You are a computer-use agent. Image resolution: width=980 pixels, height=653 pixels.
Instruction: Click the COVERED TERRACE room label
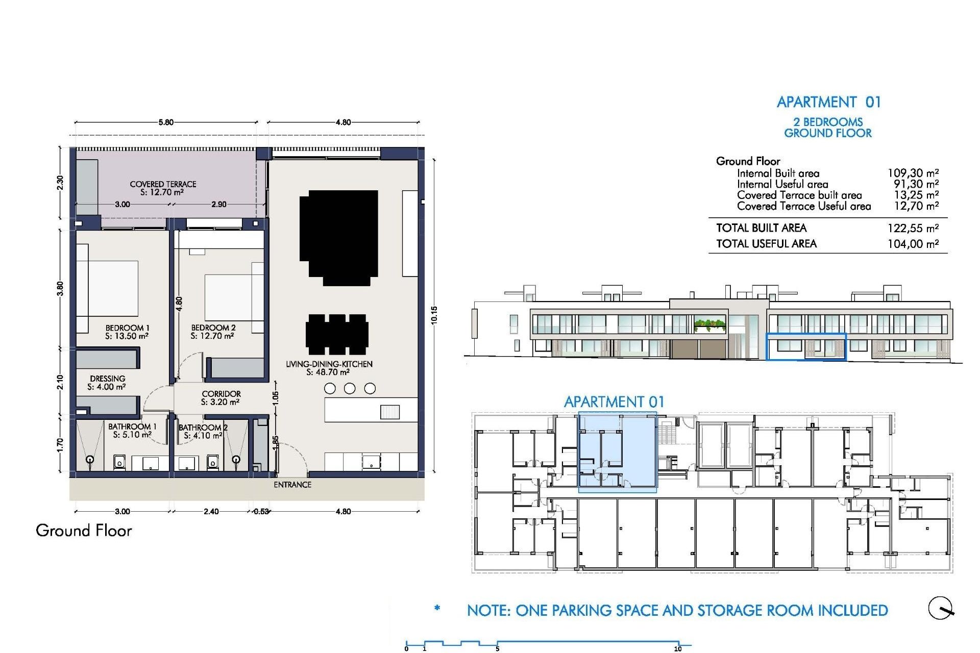click(163, 184)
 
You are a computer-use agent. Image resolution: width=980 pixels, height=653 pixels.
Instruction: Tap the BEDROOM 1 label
click(127, 328)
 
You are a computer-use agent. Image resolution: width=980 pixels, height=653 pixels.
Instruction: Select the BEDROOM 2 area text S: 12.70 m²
click(212, 336)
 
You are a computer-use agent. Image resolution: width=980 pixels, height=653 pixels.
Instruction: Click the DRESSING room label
click(107, 379)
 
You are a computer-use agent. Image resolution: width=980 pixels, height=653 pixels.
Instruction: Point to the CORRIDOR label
click(221, 394)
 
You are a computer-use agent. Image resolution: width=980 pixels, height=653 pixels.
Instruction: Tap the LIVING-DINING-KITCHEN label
click(329, 364)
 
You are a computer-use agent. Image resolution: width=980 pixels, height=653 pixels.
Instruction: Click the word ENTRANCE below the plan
click(292, 485)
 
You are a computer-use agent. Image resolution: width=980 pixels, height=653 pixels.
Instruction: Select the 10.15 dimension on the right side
click(434, 315)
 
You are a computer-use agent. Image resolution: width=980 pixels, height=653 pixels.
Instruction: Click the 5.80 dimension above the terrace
click(165, 122)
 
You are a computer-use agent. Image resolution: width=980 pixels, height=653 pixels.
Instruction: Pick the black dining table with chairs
click(337, 335)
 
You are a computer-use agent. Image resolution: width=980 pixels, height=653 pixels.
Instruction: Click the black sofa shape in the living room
click(339, 237)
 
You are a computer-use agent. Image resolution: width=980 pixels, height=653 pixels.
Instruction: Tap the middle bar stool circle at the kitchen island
click(350, 389)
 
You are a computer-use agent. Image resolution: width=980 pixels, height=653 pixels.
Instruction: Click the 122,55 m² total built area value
click(913, 229)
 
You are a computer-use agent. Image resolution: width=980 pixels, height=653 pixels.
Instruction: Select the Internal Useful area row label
click(782, 184)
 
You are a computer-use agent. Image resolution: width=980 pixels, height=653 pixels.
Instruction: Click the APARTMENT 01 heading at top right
click(828, 102)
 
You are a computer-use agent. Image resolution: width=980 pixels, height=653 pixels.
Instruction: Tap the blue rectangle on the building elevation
click(806, 347)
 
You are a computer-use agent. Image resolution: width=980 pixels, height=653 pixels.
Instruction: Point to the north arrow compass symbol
click(940, 608)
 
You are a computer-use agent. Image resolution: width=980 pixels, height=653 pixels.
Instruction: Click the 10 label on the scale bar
click(677, 649)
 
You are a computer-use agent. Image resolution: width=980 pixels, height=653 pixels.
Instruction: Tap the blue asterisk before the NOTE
click(437, 608)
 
